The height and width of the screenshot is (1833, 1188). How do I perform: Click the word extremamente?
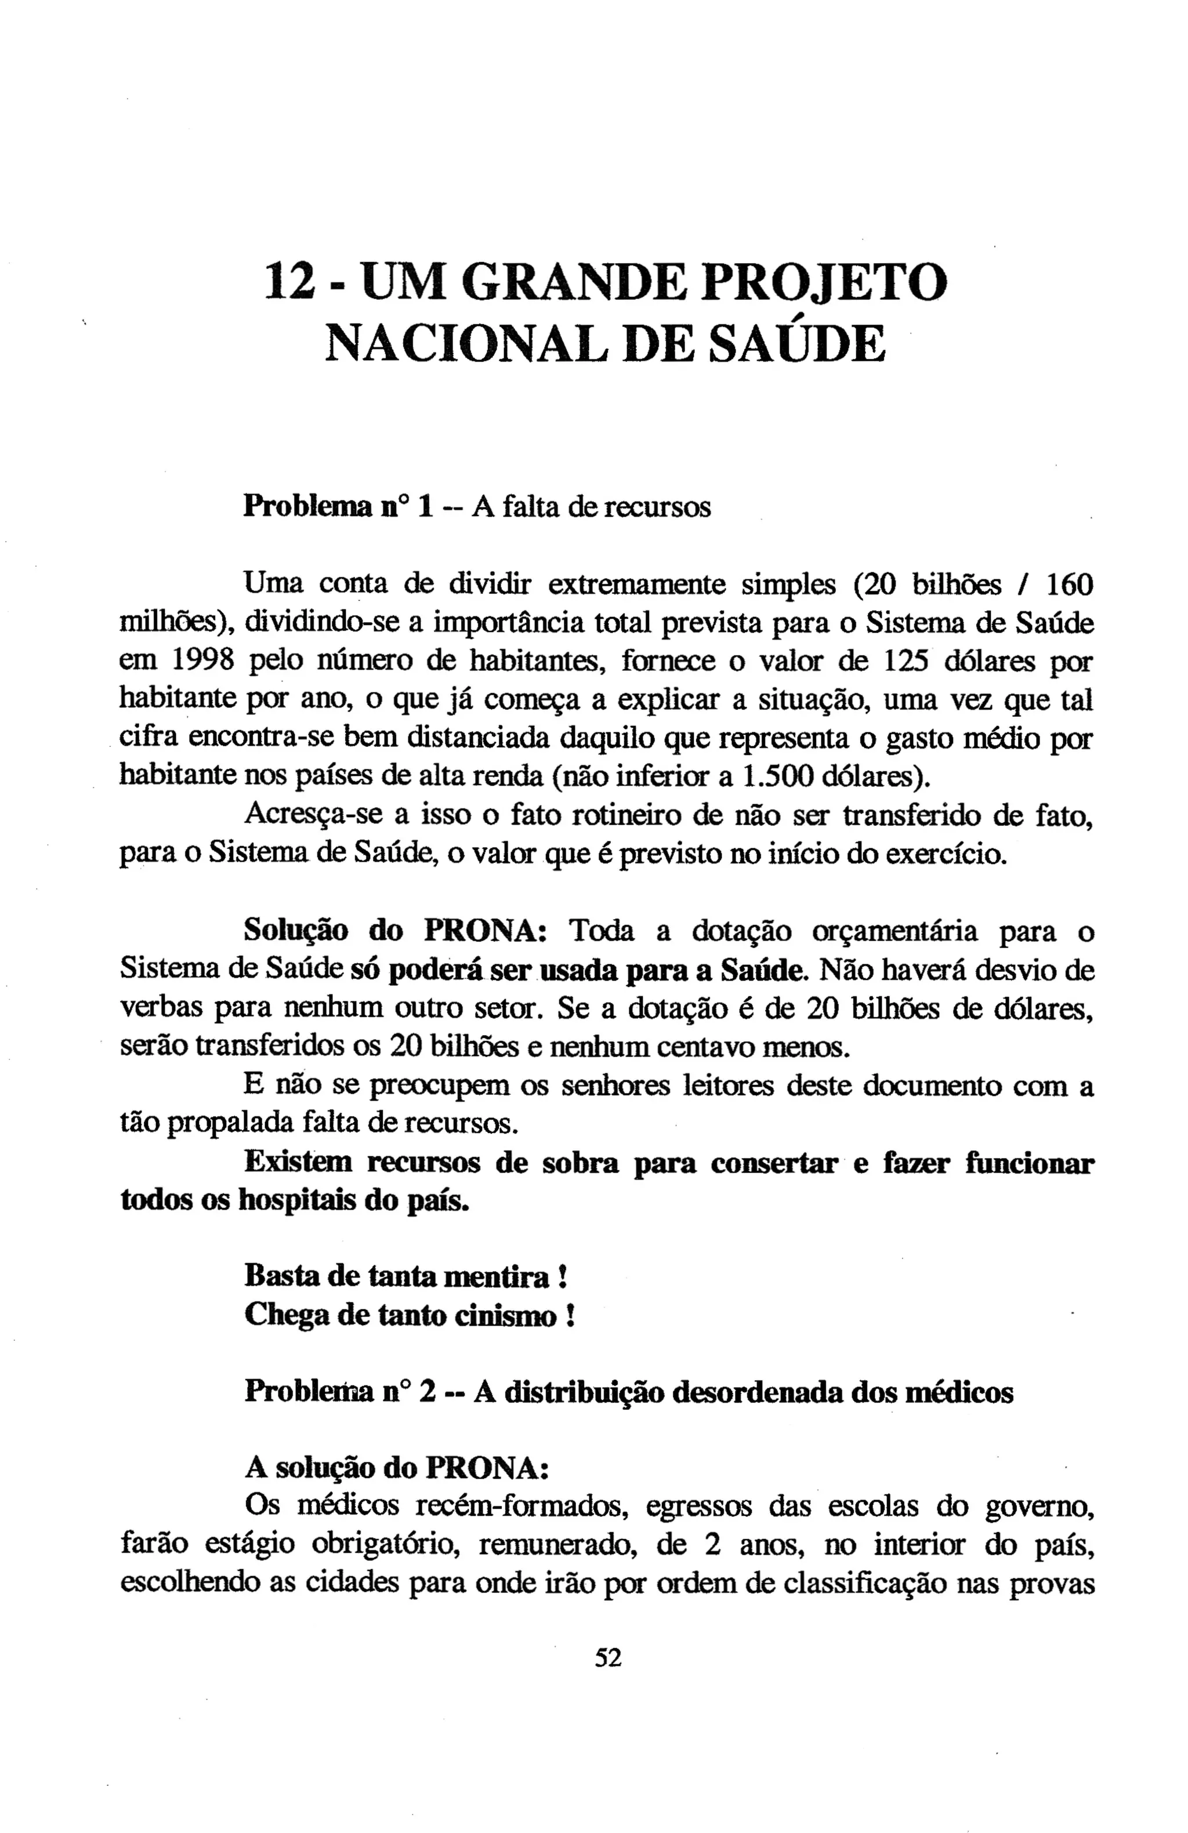coord(636,585)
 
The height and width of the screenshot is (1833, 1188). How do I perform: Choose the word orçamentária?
coord(894,931)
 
